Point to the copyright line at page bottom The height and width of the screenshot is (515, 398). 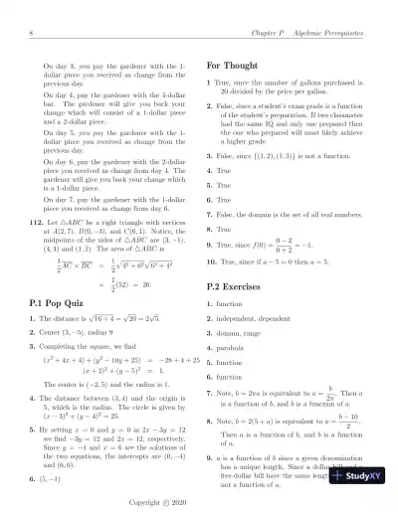pyautogui.click(x=198, y=504)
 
